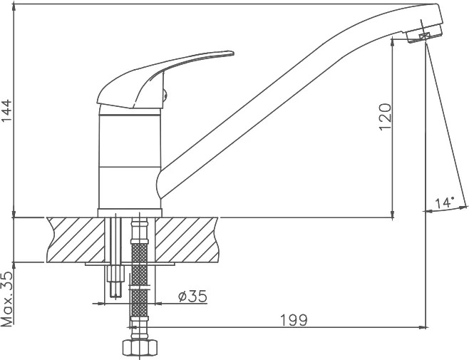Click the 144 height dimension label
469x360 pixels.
point(7,110)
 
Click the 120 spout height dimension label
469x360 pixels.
point(385,117)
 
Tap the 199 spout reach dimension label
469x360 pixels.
point(294,320)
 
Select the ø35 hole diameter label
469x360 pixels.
point(192,297)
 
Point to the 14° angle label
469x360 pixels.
point(445,202)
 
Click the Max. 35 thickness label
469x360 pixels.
point(7,299)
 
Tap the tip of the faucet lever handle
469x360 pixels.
point(232,53)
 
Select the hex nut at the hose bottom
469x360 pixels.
point(140,347)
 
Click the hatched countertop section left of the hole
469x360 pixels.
point(76,240)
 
